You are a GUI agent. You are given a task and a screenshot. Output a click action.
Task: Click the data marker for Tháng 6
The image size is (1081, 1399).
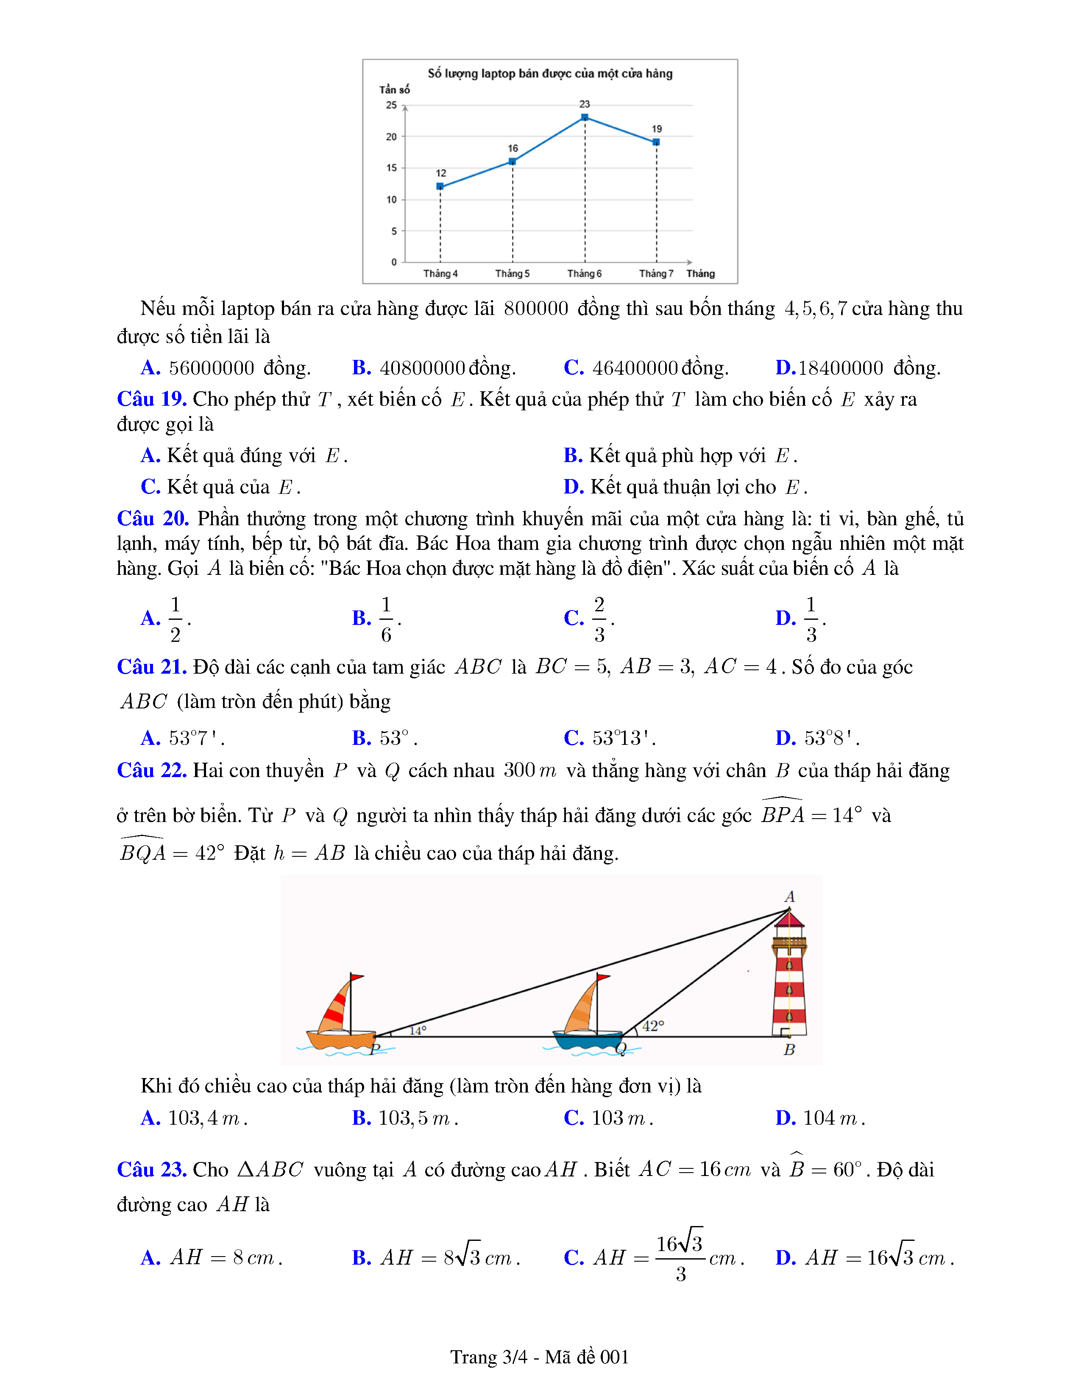[x=585, y=117]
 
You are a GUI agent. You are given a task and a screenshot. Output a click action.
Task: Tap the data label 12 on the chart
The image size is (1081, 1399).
[x=440, y=173]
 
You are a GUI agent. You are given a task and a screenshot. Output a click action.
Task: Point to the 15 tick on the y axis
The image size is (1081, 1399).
[x=391, y=168]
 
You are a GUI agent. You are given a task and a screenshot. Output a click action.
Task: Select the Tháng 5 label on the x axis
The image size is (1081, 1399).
[x=513, y=273]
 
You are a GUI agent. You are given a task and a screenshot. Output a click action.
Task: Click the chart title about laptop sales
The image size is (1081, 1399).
[x=550, y=74]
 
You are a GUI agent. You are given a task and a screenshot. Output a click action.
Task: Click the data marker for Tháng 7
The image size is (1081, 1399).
[x=656, y=142]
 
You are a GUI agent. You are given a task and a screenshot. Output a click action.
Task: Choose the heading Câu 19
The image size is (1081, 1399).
[x=152, y=399]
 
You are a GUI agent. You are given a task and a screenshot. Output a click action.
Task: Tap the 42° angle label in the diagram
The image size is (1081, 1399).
[x=653, y=1026]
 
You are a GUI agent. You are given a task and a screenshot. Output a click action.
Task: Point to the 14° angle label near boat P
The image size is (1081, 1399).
[x=418, y=1031]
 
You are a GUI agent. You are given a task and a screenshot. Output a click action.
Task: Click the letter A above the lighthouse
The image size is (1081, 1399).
[x=790, y=896]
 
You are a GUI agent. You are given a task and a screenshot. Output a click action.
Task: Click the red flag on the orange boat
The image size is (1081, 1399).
[x=357, y=978]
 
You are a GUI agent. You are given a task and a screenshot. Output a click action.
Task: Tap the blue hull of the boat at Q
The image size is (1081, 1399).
[x=587, y=1039]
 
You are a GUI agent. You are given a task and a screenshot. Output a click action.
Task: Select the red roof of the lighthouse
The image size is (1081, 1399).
[x=789, y=920]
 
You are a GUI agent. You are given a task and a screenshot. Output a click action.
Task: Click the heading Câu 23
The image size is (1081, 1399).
[x=152, y=1170]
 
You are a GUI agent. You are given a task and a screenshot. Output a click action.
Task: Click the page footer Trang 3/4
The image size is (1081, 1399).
[x=540, y=1357]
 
